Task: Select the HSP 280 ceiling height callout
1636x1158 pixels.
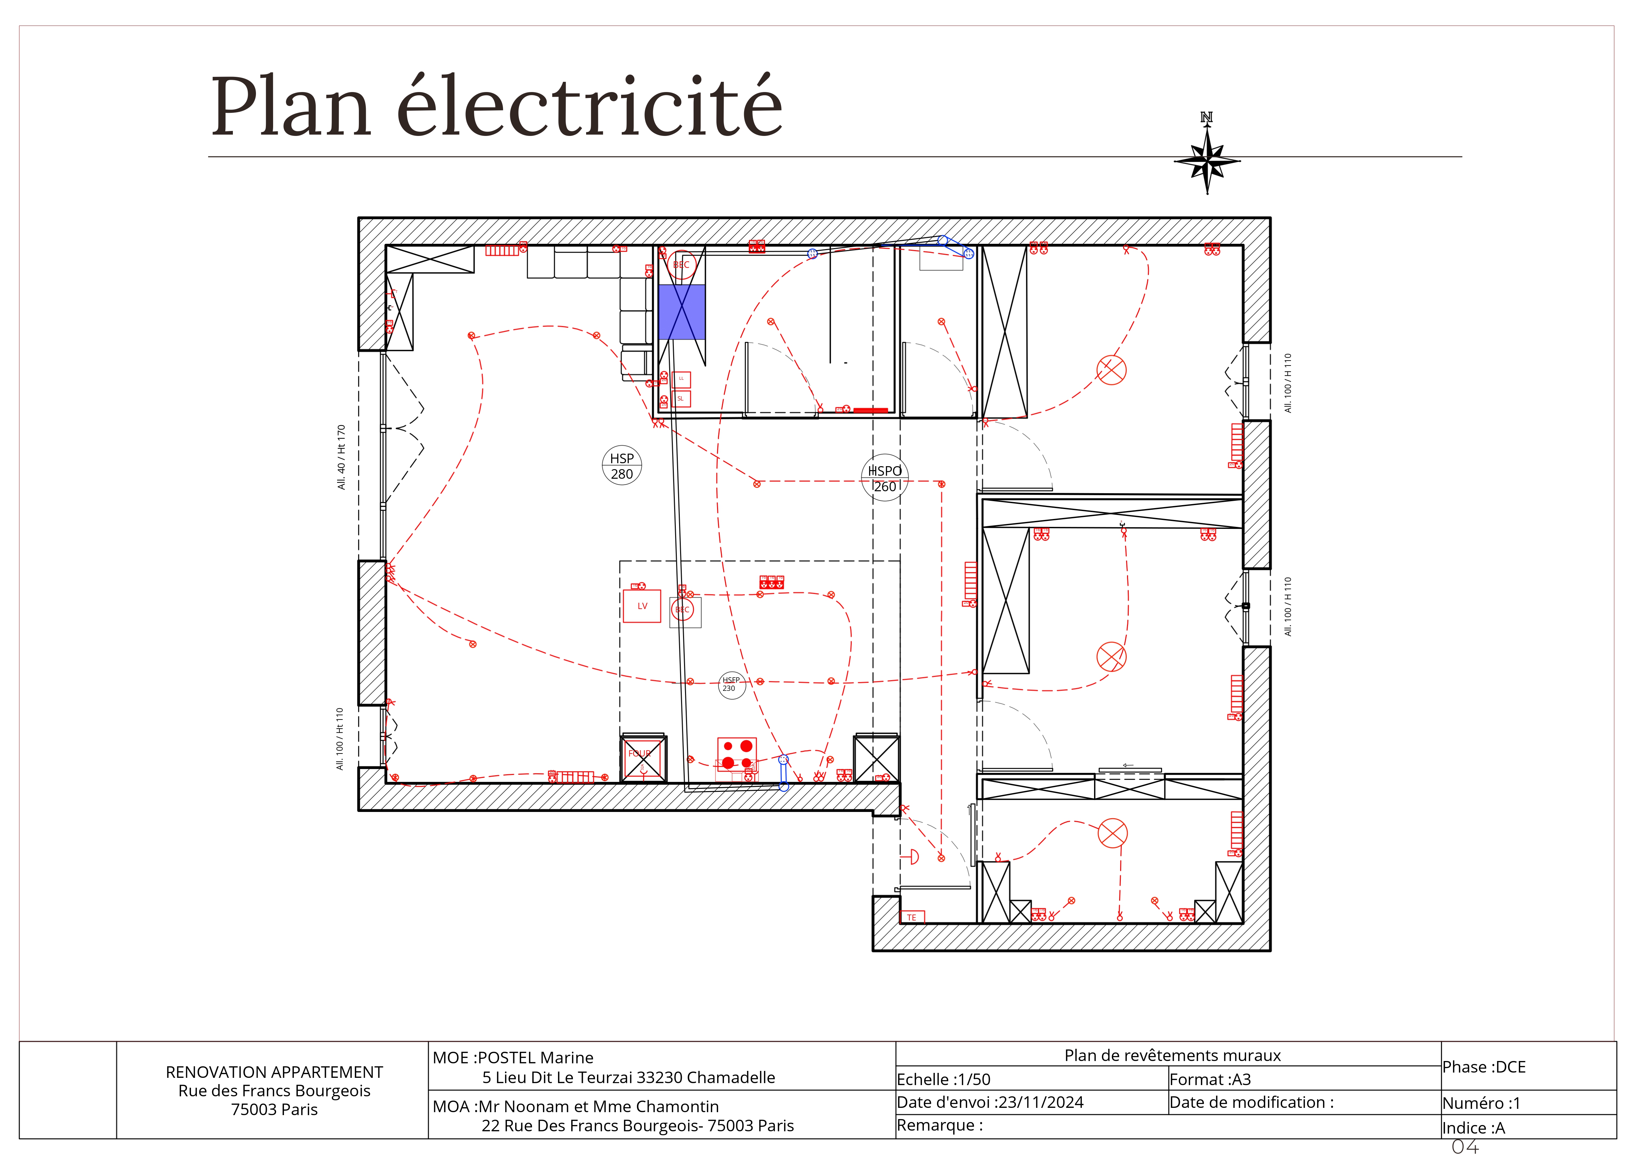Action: click(x=622, y=466)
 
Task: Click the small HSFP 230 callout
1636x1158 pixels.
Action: click(x=731, y=685)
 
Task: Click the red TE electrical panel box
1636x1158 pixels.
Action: click(x=912, y=917)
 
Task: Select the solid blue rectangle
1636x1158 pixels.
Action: click(x=681, y=312)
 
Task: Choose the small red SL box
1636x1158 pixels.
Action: click(x=681, y=399)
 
